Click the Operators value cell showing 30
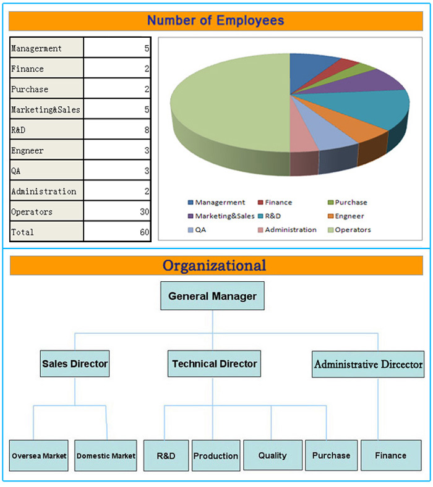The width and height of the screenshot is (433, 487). pyautogui.click(x=117, y=211)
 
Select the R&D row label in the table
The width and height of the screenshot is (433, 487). pyautogui.click(x=46, y=130)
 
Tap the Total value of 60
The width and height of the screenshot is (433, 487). pyautogui.click(x=117, y=232)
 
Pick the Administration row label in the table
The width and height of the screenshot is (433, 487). pyautogui.click(x=46, y=191)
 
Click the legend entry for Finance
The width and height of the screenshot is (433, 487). pyautogui.click(x=275, y=203)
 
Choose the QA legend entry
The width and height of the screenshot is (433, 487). pyautogui.click(x=197, y=230)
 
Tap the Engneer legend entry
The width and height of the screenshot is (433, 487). pyautogui.click(x=346, y=216)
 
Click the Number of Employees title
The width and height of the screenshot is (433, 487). pyautogui.click(x=215, y=20)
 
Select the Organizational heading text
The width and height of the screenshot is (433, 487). pyautogui.click(x=214, y=266)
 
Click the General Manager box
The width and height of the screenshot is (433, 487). pyautogui.click(x=212, y=295)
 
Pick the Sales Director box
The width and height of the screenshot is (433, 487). pyautogui.click(x=75, y=363)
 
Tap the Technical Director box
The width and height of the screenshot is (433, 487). pyautogui.click(x=214, y=363)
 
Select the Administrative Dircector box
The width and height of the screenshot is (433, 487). pyautogui.click(x=368, y=364)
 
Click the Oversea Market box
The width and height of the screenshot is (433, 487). pyautogui.click(x=39, y=455)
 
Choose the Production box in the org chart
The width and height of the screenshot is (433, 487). pyautogui.click(x=216, y=455)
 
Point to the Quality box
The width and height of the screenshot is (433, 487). pyautogui.click(x=273, y=455)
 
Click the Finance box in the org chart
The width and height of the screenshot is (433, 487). pyautogui.click(x=391, y=455)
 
